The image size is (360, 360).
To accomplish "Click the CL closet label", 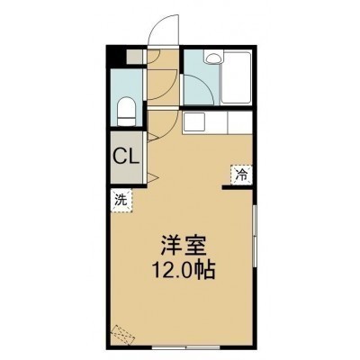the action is [x=126, y=157].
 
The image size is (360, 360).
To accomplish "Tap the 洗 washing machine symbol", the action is [x=121, y=201].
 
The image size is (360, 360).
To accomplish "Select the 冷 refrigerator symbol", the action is [x=241, y=174].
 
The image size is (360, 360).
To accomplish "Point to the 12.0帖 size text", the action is [x=184, y=271].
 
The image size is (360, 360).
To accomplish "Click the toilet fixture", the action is [x=126, y=112].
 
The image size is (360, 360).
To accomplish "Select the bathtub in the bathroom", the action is [x=236, y=78].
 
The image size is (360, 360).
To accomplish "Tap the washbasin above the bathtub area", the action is [x=214, y=57].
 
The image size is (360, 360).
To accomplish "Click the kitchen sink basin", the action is [x=194, y=121].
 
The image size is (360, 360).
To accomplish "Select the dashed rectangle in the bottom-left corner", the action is [x=123, y=335].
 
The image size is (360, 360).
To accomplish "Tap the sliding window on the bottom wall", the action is [x=186, y=348].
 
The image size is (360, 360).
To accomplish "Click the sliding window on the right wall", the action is [x=255, y=236].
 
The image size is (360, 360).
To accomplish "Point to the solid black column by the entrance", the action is [x=116, y=57].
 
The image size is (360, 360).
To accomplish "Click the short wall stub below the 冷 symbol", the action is [x=238, y=188].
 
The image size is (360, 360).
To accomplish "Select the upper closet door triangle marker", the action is [x=152, y=137].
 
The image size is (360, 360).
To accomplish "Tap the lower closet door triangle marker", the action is [x=152, y=177].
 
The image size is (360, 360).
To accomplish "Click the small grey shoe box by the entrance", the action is [x=134, y=57].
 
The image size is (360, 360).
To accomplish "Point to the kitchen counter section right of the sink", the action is [x=240, y=122].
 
